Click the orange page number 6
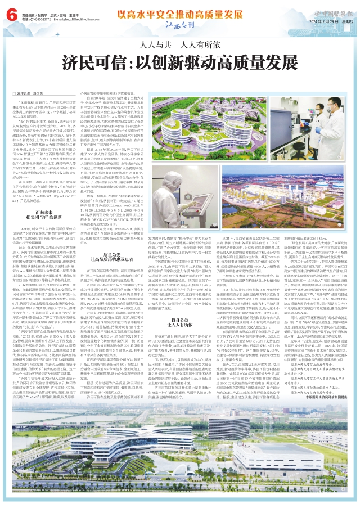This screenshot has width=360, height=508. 10,12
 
